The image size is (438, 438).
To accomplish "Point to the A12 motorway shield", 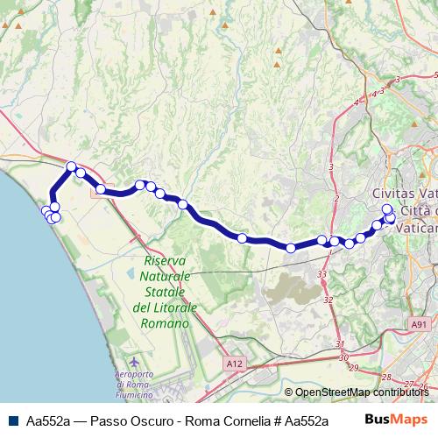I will tap(232, 362).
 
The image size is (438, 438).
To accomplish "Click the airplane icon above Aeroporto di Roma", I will tap(132, 362).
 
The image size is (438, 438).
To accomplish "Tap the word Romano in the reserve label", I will tap(167, 323).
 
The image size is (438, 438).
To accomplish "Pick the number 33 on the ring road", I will tap(322, 274).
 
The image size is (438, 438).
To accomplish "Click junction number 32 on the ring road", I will tap(328, 300).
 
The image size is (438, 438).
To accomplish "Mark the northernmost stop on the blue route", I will tap(72, 166).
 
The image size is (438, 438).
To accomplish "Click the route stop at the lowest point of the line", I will tap(291, 248).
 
